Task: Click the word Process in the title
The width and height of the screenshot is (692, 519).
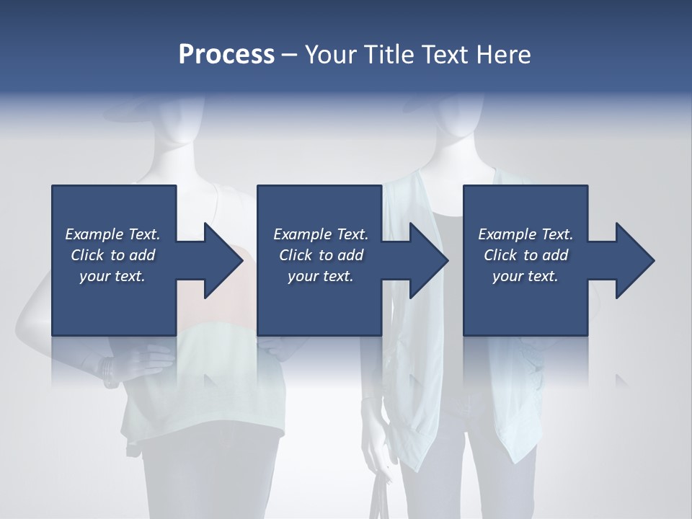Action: pos(226,55)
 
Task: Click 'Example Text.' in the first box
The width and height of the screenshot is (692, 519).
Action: pos(112,234)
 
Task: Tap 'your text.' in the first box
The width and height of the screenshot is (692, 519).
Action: pos(112,276)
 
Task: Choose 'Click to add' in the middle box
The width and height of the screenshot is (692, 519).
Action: pos(321,255)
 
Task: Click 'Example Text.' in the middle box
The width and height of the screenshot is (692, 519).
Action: pos(321,234)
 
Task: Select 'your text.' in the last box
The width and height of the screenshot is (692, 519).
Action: pos(525,276)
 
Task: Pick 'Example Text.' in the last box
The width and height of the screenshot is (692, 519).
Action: pos(525,234)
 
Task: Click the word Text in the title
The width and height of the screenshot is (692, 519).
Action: pos(443,55)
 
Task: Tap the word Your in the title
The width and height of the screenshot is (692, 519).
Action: pos(329,55)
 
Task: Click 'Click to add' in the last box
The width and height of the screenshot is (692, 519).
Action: pos(525,255)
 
